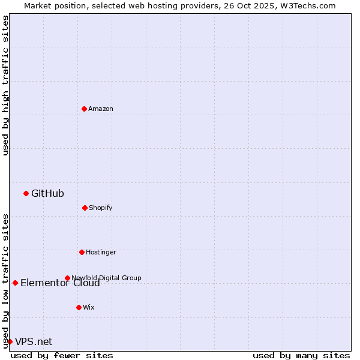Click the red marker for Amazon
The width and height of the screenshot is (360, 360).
tap(84, 109)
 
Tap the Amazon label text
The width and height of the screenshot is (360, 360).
tap(101, 109)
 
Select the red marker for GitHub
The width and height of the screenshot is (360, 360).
tap(26, 193)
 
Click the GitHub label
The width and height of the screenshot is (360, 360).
tap(47, 193)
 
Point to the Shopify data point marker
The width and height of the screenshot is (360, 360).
tap(85, 208)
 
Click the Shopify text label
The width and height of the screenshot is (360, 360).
tap(101, 208)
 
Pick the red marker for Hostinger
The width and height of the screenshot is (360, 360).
tap(82, 252)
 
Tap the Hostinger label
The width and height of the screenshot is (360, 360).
tap(101, 252)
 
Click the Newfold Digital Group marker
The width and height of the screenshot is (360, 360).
tap(67, 278)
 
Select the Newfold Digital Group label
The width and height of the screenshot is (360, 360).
tap(106, 278)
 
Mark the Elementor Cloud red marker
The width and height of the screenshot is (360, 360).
tap(15, 283)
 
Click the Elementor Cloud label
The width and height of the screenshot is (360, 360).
tap(60, 283)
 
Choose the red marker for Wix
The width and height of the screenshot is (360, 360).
tap(79, 307)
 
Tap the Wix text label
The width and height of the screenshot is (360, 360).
tap(89, 307)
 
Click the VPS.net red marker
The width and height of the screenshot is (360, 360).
tap(10, 341)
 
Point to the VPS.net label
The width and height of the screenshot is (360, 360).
tap(34, 342)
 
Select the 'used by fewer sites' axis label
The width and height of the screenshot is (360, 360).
tap(62, 355)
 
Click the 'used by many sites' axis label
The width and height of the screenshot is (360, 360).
tap(301, 355)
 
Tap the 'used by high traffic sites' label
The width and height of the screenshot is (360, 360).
tap(5, 85)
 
